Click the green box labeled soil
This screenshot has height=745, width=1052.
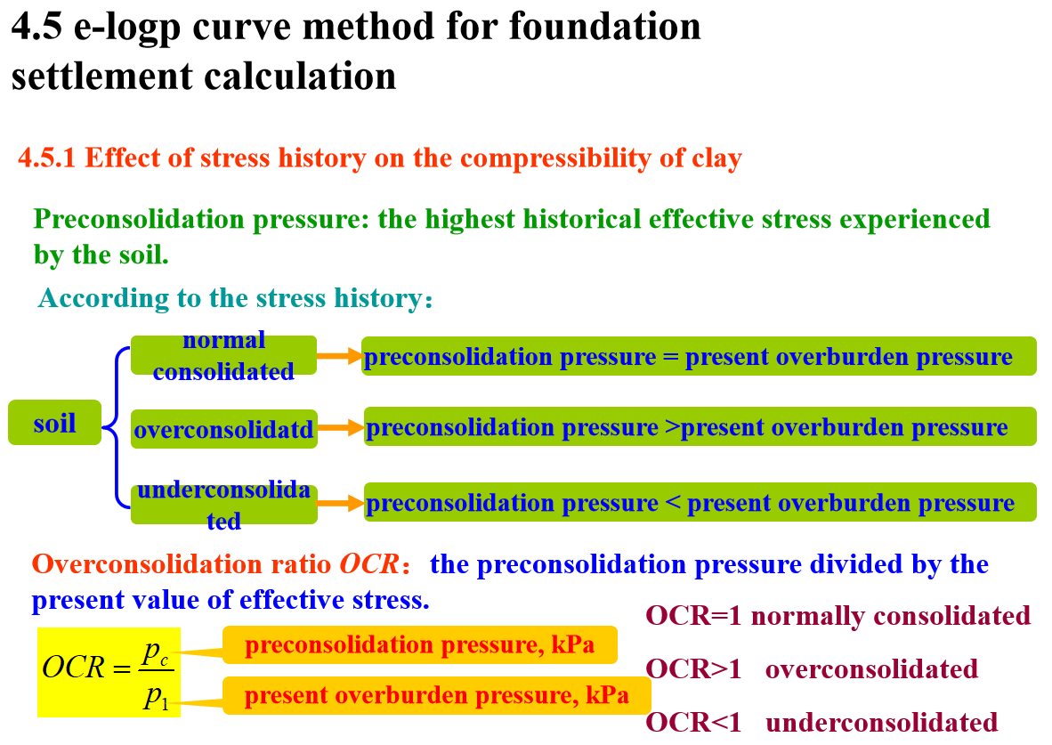pos(54,423)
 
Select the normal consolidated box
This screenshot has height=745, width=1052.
pos(223,355)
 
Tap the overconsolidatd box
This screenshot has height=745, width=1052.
pos(223,430)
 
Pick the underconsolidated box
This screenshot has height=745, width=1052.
pos(223,505)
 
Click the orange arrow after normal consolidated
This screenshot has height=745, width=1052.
pos(340,356)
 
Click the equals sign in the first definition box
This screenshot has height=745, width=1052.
pos(671,357)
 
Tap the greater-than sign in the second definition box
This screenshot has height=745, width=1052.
pos(673,428)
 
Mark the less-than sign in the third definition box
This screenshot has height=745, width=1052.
pos(673,504)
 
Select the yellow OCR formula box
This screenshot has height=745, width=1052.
pos(109,672)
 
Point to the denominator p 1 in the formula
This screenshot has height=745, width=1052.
pos(157,697)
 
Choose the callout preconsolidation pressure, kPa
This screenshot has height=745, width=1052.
pos(419,645)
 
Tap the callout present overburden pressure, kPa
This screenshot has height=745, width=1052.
pos(436,695)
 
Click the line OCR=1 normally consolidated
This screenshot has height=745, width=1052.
pos(838,615)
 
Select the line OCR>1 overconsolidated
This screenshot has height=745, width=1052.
pos(811,668)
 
